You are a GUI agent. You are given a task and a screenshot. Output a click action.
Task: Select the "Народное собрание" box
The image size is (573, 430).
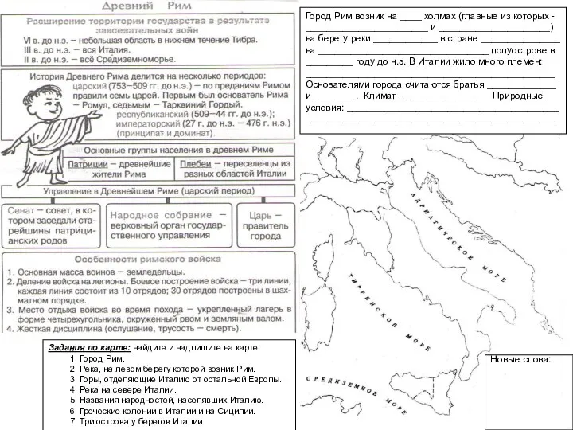pyautogui.click(x=169, y=225)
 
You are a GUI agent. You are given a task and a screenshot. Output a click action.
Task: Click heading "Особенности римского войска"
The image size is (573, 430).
pyautogui.click(x=148, y=259)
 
